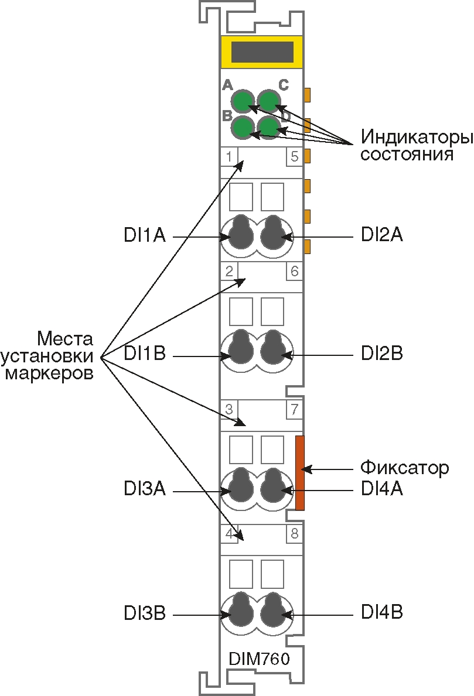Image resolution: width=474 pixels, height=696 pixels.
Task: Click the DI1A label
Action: [x=144, y=236]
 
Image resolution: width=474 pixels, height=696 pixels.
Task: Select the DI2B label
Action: [x=381, y=354]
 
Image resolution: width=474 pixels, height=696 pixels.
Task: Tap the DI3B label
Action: [x=144, y=614]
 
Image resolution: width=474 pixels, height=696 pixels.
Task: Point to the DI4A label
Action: [x=381, y=489]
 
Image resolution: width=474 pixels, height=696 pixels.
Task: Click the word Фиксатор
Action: [x=404, y=468]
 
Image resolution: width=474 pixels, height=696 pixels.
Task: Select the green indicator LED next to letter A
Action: [x=241, y=101]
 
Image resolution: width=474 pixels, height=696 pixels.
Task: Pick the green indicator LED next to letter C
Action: [x=269, y=101]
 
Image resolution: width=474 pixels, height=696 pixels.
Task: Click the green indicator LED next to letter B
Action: [x=241, y=127]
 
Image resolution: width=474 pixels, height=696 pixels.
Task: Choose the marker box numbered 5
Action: [x=294, y=156]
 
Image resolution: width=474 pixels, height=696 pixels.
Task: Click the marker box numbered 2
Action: [x=229, y=271]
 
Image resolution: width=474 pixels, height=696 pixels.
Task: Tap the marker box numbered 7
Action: [x=294, y=409]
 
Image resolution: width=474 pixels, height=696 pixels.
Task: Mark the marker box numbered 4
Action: [x=229, y=533]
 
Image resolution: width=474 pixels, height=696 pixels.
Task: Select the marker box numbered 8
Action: [x=294, y=533]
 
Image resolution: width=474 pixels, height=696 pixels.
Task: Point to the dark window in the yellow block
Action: [x=262, y=52]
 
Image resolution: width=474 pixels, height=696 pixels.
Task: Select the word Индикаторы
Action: [x=417, y=138]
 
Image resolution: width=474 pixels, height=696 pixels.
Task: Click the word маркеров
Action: [x=49, y=373]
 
